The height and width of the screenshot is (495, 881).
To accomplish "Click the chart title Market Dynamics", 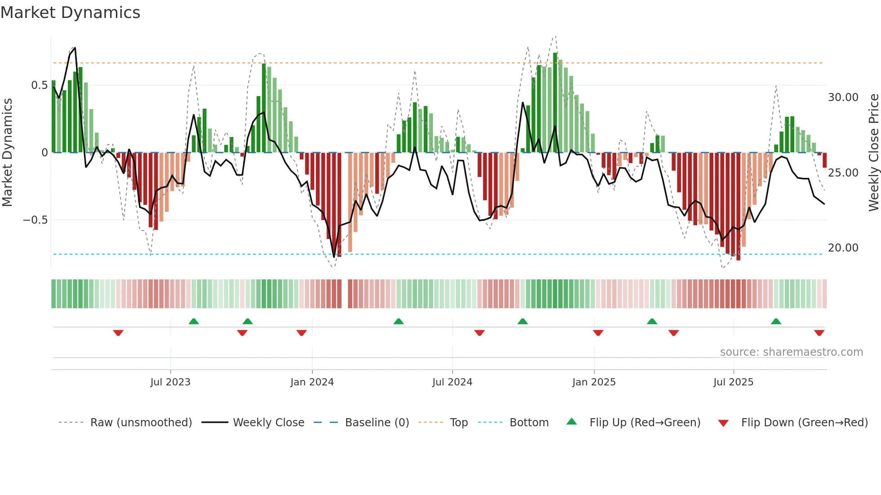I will coord(71,13).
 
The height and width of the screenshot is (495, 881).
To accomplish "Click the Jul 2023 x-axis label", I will coord(170,382).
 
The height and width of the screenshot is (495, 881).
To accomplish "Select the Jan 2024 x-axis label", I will coord(312,382).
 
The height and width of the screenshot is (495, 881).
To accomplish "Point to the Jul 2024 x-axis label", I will coord(452,382).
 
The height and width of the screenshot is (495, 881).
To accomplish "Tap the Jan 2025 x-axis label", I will coord(594,382).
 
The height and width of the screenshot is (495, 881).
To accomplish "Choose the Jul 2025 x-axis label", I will coord(733,382).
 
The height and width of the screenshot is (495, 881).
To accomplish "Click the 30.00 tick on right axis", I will coord(843,97).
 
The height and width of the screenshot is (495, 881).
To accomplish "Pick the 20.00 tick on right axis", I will coord(843,248).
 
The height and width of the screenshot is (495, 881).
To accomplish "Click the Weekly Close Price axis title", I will coord(873,153).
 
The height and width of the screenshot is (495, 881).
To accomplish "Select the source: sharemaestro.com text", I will coord(791,352).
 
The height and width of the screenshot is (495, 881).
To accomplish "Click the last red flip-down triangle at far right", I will coord(819,333).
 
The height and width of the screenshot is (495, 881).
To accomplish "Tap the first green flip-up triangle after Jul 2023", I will coord(194,321).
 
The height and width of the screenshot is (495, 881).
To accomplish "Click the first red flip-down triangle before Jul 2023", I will coord(118,333).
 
